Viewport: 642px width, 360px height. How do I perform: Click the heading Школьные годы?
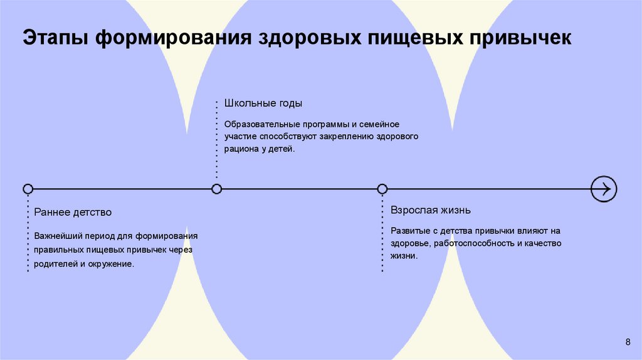[258, 103]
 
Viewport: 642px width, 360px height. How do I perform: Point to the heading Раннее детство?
[73, 212]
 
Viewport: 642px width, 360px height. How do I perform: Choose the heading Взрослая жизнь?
[430, 209]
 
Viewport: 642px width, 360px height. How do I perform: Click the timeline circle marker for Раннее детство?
[28, 189]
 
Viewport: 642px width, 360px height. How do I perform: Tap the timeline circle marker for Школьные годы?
[217, 189]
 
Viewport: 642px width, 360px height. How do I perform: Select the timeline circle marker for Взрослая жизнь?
[382, 189]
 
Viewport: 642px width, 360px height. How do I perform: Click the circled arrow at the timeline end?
[604, 189]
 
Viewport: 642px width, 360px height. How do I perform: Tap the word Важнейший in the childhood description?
[56, 236]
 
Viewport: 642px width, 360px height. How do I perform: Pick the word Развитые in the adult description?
[409, 230]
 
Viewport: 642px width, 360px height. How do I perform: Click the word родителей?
[55, 264]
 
